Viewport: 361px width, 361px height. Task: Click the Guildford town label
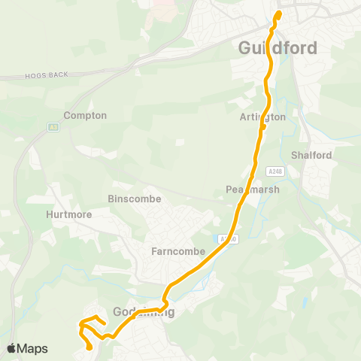point(278,47)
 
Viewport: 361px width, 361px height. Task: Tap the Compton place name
point(85,116)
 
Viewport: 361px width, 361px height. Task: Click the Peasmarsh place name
point(253,190)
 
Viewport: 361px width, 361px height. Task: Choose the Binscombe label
point(132,200)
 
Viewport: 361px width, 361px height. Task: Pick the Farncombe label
point(178,251)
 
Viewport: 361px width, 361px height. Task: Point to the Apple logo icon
point(11,348)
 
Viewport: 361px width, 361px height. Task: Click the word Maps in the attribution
point(32,348)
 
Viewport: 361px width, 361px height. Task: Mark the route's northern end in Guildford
point(279,13)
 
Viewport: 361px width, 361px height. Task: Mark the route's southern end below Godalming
point(90,347)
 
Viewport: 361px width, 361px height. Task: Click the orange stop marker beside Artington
point(263,126)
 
